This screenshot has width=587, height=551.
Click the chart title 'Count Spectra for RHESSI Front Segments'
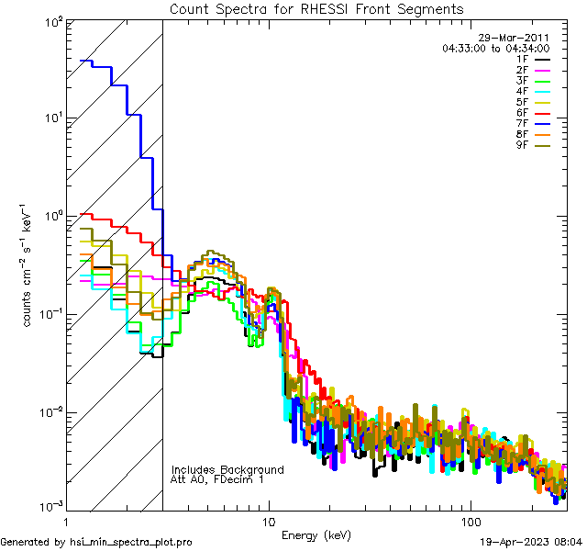tap(317, 9)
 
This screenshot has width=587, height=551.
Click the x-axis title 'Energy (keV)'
tap(317, 534)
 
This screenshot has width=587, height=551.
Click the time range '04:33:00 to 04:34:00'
tap(495, 49)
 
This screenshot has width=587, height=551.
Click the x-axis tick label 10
tap(268, 521)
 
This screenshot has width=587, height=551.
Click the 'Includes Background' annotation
tap(227, 469)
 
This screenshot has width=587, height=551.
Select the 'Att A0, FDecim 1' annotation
tap(216, 479)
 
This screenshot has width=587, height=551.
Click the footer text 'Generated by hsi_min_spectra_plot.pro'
tap(96, 543)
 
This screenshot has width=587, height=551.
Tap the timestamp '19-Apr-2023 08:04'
tap(531, 543)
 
